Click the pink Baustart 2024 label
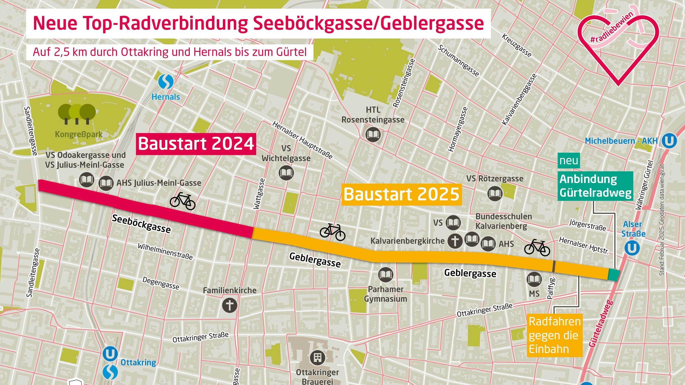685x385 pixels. [x=196, y=144]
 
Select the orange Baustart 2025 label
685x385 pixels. [x=401, y=194]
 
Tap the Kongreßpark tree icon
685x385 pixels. [x=77, y=113]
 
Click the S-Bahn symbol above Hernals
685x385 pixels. [x=166, y=82]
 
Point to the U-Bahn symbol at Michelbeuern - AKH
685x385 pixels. [x=669, y=141]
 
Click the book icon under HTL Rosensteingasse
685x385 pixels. [x=373, y=134]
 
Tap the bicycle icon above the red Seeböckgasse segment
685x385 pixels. [x=182, y=201]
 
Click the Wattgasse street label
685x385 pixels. [x=260, y=194]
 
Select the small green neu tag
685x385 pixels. [x=569, y=161]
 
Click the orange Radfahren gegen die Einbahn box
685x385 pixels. [x=554, y=335]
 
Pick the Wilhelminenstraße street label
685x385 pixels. [x=165, y=251]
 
